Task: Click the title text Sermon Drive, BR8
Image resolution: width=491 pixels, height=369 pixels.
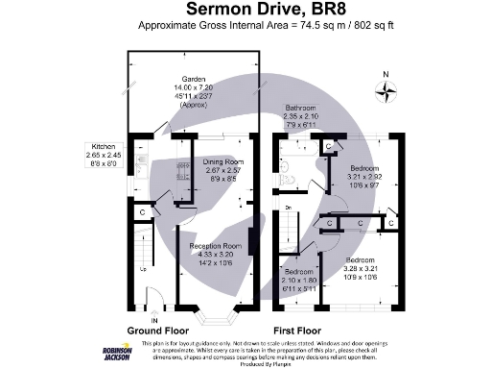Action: click(245, 11)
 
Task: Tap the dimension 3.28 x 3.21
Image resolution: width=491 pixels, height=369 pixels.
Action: click(362, 269)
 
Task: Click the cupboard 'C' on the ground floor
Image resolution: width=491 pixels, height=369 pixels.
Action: click(143, 211)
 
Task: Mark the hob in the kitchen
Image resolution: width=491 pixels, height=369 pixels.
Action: click(183, 174)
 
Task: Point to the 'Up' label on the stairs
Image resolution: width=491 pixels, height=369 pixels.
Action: click(145, 268)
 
